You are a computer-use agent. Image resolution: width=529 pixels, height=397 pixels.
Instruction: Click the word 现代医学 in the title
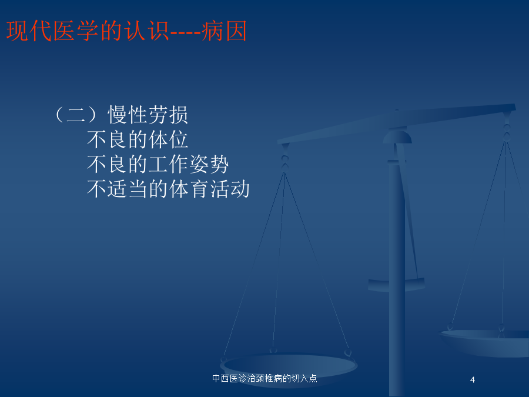coord(52,31)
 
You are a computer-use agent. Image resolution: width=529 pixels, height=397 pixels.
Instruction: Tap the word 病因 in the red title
coord(225,31)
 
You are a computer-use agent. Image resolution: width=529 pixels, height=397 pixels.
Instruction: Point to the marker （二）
coord(76,115)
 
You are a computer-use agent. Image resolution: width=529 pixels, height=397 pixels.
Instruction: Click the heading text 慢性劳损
coord(148,115)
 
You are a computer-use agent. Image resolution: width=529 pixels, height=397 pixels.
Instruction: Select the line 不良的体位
coord(138,139)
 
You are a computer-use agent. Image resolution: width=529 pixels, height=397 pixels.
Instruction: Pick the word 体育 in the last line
coord(189,189)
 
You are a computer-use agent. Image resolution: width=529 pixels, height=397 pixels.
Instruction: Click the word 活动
coord(230,189)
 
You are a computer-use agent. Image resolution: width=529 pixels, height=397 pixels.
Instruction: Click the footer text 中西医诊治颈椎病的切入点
coord(264,378)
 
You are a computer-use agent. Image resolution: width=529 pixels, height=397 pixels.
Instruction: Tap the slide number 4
coord(473,380)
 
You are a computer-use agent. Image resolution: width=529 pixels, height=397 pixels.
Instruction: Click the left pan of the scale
coord(289,366)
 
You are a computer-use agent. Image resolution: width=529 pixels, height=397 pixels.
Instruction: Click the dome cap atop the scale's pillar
coord(397,136)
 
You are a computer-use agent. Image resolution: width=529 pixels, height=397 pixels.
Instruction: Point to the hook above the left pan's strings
coord(284,158)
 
